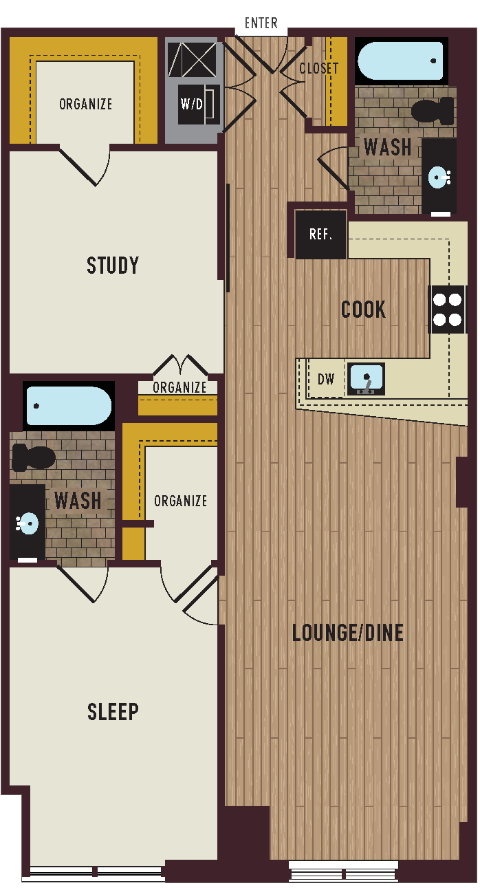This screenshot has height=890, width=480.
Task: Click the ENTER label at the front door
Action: [x=261, y=23]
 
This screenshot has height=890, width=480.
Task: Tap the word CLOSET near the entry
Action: [x=318, y=68]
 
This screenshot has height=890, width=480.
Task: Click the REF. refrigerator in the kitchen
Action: [x=320, y=235]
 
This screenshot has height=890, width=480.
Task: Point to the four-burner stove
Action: [x=447, y=309]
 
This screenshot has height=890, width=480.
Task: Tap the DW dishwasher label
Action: [x=325, y=379]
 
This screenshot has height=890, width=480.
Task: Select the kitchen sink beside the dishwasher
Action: [x=366, y=379]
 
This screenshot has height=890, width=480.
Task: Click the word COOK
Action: [x=364, y=310]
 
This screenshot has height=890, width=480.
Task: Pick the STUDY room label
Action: [x=113, y=265]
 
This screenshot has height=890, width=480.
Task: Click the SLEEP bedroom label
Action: [x=113, y=712]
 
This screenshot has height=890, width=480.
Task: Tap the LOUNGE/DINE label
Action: [x=347, y=633]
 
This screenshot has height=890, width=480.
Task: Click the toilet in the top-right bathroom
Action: [x=433, y=110]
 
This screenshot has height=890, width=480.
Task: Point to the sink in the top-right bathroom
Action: [x=439, y=177]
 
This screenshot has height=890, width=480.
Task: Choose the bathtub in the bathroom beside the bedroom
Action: [x=68, y=406]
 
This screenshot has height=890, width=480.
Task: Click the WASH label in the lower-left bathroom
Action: [x=78, y=500]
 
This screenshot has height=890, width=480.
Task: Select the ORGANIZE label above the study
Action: [x=85, y=105]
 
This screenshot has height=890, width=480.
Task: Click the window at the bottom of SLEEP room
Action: [x=96, y=873]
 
